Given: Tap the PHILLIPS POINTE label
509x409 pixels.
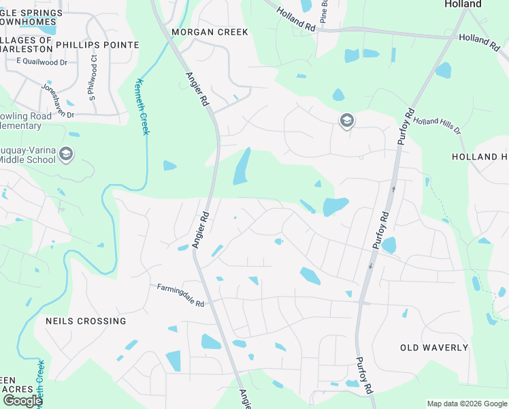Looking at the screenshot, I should coord(97,45).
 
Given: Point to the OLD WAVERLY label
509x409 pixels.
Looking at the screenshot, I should coord(434,348).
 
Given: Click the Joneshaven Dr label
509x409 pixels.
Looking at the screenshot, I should coord(57,102).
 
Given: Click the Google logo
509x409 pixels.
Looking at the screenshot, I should coord(22,401).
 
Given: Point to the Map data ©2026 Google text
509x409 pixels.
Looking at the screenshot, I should coord(467,404).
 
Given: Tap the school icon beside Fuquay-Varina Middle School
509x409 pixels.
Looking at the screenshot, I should coord(66,153).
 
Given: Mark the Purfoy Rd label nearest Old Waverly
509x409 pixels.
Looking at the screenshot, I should coord(364,374).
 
